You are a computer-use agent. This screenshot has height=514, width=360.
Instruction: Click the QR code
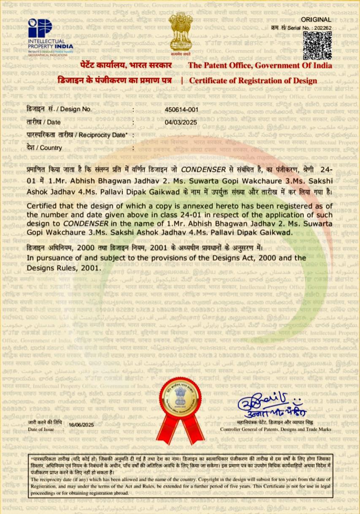point(317,46)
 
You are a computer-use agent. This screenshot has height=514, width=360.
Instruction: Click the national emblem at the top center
point(181,34)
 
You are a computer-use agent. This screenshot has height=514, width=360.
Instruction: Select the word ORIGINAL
point(316,20)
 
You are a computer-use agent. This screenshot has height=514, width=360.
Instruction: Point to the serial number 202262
point(322,27)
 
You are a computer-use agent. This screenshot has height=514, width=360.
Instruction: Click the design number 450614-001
point(181,109)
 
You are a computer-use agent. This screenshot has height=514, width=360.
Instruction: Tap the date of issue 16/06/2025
point(81,424)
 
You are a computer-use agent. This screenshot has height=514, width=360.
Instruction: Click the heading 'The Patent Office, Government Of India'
point(260,65)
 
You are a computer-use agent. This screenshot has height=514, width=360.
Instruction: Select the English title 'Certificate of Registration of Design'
point(253,81)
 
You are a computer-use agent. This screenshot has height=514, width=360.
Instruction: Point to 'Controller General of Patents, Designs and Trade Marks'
point(276,430)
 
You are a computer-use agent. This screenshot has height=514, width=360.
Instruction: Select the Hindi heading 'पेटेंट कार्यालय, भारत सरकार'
point(126,65)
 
